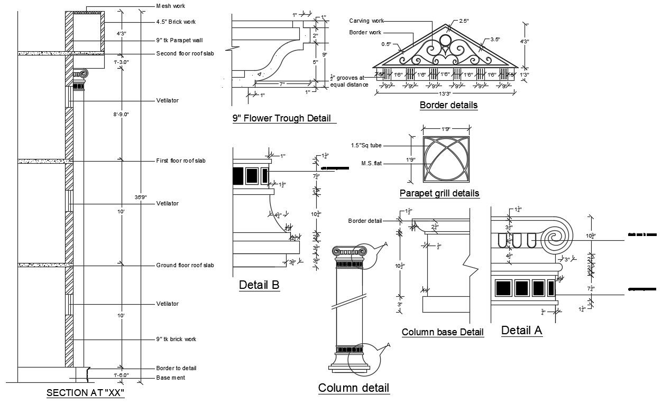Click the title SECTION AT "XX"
(x=85, y=393)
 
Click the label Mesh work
(x=171, y=6)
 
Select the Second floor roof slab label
(x=185, y=53)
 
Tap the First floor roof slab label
(x=181, y=161)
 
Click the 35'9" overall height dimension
(x=141, y=197)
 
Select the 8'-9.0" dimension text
(x=121, y=114)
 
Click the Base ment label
(x=170, y=378)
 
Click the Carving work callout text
(x=366, y=21)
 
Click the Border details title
(x=448, y=105)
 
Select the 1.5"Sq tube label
(x=366, y=145)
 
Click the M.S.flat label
(x=371, y=164)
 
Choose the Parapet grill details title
(x=439, y=193)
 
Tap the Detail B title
(x=259, y=285)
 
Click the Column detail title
(x=353, y=388)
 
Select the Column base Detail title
(x=443, y=332)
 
